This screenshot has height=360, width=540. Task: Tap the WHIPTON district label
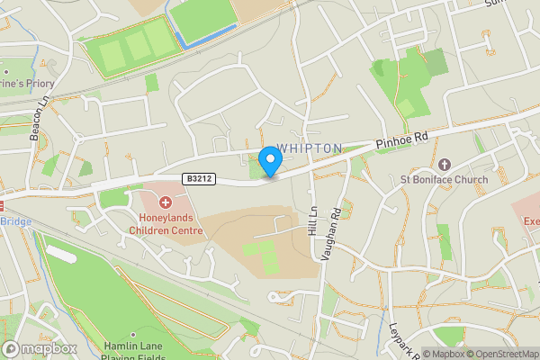(310, 148)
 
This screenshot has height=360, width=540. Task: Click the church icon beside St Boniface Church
(444, 165)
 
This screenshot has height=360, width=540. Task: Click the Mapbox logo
(40, 348)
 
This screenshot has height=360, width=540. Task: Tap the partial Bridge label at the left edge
(15, 221)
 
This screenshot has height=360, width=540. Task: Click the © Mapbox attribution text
(445, 354)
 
